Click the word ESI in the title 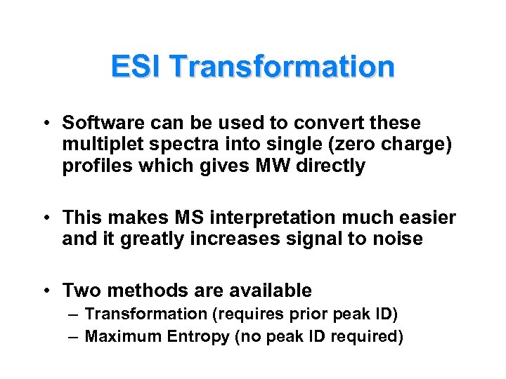(x=136, y=67)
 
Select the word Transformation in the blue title (x=282, y=67)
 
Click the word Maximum (x=123, y=337)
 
